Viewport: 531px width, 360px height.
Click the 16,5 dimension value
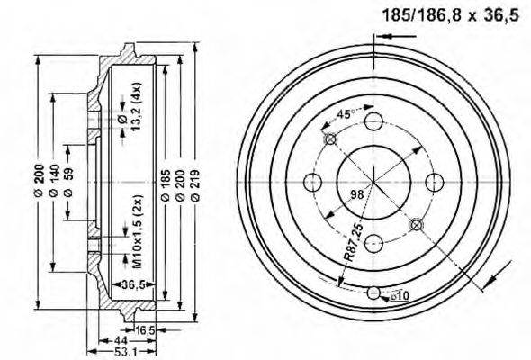(x=144, y=331)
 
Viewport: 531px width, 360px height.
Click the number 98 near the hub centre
(x=356, y=194)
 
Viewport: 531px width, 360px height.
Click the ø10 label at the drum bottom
(x=400, y=295)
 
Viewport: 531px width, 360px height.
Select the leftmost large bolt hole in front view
(x=314, y=181)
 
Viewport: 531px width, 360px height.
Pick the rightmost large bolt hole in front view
(x=433, y=181)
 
